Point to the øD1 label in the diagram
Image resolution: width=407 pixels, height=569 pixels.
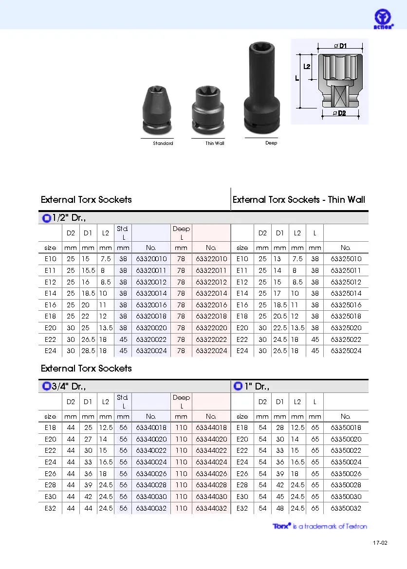[340, 46]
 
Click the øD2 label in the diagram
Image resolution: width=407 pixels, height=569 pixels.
[339, 113]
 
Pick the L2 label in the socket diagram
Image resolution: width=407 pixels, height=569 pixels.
[307, 66]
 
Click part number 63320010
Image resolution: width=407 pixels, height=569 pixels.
[151, 259]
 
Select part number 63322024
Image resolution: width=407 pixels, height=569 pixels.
[211, 351]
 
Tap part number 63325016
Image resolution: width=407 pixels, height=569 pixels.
[346, 305]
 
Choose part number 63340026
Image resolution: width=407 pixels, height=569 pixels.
[151, 474]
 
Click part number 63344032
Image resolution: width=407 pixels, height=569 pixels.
[211, 508]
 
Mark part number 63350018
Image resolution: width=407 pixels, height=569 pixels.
[346, 428]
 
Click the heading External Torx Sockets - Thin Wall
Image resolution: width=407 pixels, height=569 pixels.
[298, 199]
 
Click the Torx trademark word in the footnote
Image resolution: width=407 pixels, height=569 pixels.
[281, 526]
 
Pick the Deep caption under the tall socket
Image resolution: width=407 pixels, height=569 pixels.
[271, 143]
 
